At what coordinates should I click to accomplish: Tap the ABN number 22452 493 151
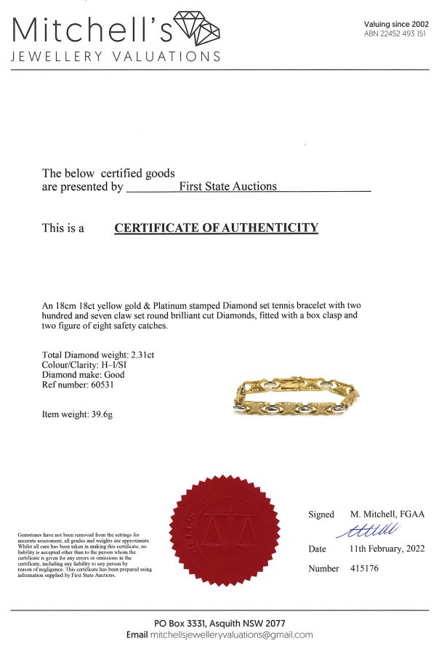pos(404,34)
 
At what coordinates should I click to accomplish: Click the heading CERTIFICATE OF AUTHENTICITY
pos(216,227)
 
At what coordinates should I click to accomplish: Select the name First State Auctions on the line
pos(228,186)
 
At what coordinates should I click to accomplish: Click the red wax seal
pos(224,522)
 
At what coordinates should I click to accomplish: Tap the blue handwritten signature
pos(366,530)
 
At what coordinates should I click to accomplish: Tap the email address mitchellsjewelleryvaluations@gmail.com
pos(231,634)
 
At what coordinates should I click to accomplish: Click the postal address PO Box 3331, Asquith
pos(218,623)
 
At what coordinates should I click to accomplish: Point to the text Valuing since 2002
pos(396,24)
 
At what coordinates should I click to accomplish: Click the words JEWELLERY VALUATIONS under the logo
pos(116,57)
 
